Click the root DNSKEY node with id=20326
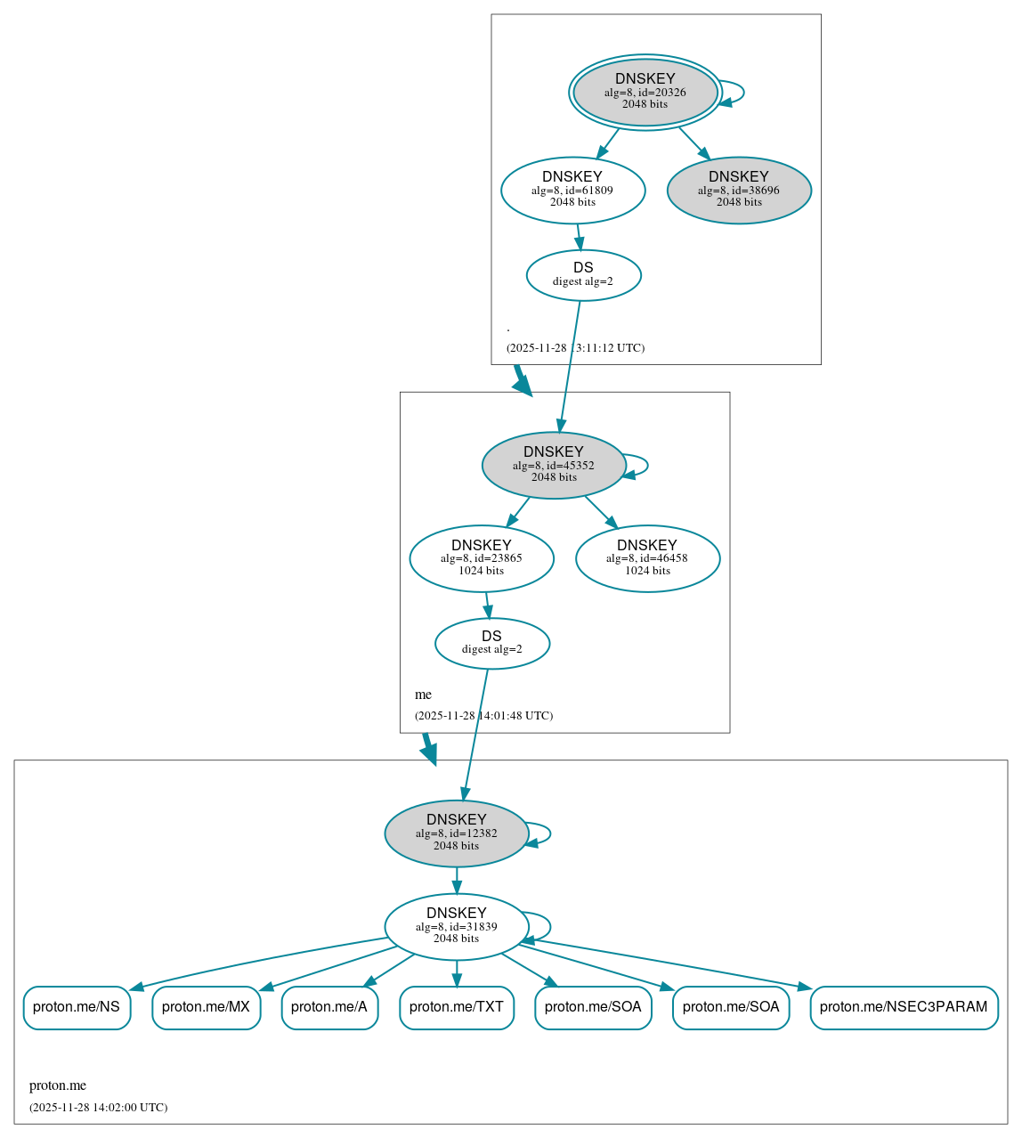pyautogui.click(x=645, y=92)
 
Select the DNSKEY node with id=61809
pyautogui.click(x=572, y=190)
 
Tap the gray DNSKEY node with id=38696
pyautogui.click(x=738, y=190)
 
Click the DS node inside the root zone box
pyautogui.click(x=583, y=275)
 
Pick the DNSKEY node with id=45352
pyautogui.click(x=553, y=465)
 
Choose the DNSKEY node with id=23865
pyautogui.click(x=481, y=558)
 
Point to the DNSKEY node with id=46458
pyautogui.click(x=647, y=558)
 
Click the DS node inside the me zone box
pyautogui.click(x=491, y=643)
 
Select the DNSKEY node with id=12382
pyautogui.click(x=456, y=833)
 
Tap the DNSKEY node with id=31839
pyautogui.click(x=456, y=926)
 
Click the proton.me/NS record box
pyautogui.click(x=77, y=1007)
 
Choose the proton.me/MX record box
pyautogui.click(x=206, y=1007)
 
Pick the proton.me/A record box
pyautogui.click(x=329, y=1007)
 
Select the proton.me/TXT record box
pyautogui.click(x=457, y=1007)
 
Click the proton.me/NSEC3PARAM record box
pyautogui.click(x=904, y=1007)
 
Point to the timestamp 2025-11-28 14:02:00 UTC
pyautogui.click(x=98, y=1108)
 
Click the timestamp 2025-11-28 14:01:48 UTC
pyautogui.click(x=483, y=716)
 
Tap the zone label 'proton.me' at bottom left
pyautogui.click(x=58, y=1085)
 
